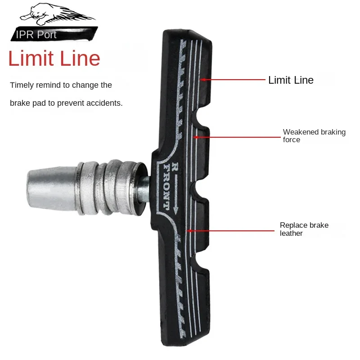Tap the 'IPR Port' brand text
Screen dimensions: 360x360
tap(36, 35)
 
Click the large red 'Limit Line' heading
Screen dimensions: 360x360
tap(54, 59)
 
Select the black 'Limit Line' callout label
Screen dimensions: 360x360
tap(291, 80)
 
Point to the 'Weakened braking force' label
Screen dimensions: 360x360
tap(314, 135)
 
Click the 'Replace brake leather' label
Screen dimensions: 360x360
tap(304, 229)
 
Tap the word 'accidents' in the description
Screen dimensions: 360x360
tap(105, 103)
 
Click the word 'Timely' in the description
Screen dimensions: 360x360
tap(21, 85)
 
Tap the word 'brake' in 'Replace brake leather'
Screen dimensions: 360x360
tap(318, 225)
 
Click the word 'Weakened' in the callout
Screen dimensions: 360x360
tap(301, 132)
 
